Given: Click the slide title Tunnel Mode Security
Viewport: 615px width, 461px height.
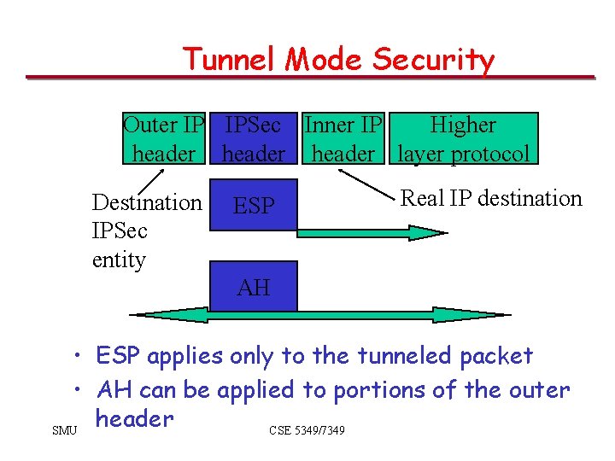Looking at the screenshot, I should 338,60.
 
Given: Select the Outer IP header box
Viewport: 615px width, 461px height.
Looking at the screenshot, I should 164,139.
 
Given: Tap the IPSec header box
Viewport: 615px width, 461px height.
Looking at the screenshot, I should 253,139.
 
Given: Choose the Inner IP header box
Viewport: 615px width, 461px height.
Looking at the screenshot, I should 343,139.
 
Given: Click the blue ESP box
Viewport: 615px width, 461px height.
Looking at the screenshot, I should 255,206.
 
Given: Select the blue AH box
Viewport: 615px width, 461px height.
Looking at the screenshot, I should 255,287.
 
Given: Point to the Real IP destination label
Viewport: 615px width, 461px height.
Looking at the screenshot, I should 491,199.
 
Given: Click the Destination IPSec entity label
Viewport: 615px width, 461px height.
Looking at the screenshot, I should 145,230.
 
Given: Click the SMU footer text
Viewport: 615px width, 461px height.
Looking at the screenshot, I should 64,429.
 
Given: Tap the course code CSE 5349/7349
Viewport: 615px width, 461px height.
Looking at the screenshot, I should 307,430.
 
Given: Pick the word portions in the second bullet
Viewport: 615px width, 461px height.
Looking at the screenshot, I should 374,390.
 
